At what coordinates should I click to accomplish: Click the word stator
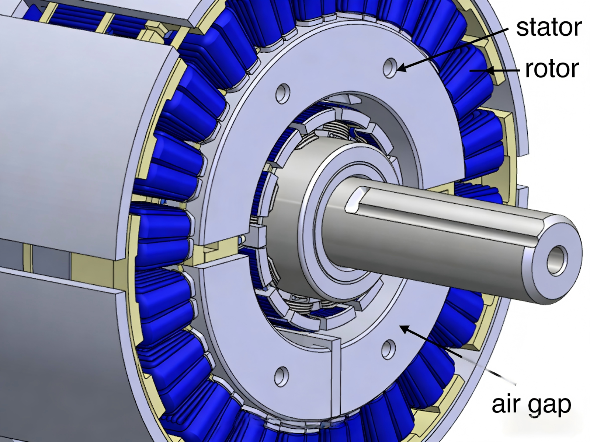pos(548,27)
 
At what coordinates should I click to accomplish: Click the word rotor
pos(552,69)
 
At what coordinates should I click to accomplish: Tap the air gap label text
pos(531,404)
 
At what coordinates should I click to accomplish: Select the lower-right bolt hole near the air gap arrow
pos(388,350)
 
